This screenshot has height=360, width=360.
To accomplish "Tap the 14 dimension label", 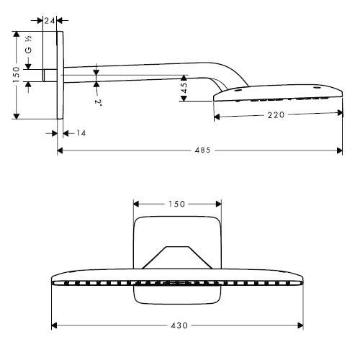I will coord(79,133).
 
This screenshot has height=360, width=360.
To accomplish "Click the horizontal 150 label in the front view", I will coord(176,204).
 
